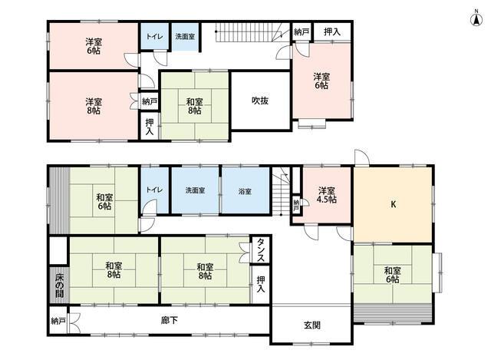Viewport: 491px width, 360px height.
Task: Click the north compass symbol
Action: point(476,19)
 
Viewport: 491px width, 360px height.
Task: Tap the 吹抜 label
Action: point(260,101)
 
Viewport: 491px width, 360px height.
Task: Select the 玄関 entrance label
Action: point(312,325)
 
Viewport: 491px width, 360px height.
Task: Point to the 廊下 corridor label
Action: point(170,320)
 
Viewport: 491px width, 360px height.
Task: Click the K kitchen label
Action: point(394,204)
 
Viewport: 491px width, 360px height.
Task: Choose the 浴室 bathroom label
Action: point(245,191)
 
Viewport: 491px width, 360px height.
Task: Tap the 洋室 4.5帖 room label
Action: point(327,195)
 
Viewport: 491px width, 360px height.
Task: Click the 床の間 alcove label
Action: point(59,285)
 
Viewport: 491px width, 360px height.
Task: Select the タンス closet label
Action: point(261,249)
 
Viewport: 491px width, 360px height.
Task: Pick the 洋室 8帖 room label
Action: point(94,106)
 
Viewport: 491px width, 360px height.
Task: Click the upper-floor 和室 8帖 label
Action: point(194,106)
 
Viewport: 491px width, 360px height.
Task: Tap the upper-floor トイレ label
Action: point(155,36)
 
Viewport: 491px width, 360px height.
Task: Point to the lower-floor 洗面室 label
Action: point(195,190)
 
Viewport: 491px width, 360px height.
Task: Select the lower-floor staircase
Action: point(281,191)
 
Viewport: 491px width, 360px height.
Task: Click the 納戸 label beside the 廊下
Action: point(58,321)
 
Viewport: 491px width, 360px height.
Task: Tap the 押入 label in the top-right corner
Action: point(332,31)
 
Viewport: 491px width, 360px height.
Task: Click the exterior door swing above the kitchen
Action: point(361,157)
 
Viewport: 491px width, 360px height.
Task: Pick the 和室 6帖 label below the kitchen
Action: point(392,275)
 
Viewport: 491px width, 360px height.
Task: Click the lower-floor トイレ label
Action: point(155,190)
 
